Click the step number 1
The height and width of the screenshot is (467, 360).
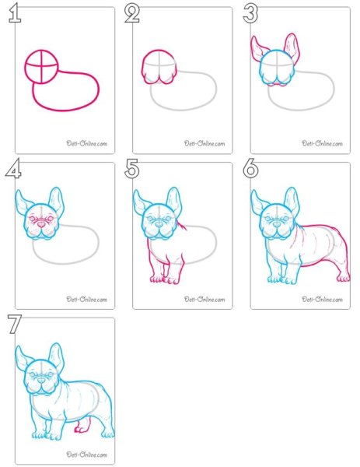pos(15,13)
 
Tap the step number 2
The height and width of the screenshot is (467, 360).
pos(132,14)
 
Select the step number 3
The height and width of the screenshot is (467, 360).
pos(250,14)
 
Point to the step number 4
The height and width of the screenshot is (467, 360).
pos(13,168)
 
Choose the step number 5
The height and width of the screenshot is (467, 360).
pos(132,169)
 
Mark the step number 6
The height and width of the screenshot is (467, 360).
pos(250,169)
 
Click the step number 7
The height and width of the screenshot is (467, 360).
pos(15,325)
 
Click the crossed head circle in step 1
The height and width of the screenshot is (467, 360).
pos(41,67)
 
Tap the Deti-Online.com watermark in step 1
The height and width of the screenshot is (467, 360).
pos(86,143)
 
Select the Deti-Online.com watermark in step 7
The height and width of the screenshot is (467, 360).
pos(86,455)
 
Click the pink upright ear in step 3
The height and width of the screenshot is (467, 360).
pos(292,47)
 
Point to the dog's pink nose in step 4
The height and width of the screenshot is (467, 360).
pos(41,225)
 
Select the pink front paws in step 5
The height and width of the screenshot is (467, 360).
pos(165,279)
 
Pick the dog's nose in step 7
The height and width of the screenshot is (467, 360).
pos(41,381)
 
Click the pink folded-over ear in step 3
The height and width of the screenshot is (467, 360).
pos(260,48)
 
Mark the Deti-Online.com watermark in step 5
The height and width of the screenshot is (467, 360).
pos(204,300)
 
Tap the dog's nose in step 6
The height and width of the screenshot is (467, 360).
pos(277,225)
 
